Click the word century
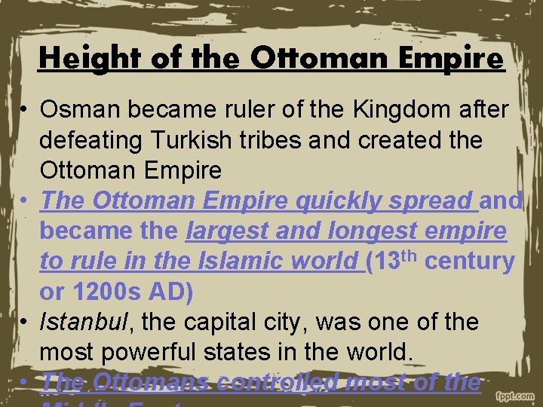pyautogui.click(x=471, y=261)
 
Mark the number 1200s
pyautogui.click(x=106, y=291)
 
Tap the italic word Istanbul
pyautogui.click(x=83, y=322)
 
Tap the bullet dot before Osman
pyautogui.click(x=25, y=111)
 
